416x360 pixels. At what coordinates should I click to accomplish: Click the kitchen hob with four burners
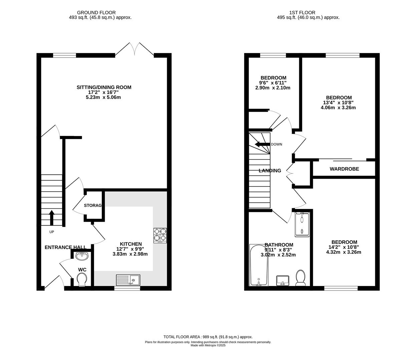pos(160,235)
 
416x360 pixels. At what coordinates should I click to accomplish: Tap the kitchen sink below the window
pos(128,280)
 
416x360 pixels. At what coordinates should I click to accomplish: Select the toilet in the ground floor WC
pos(81,279)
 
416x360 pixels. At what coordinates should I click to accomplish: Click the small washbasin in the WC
pos(82,256)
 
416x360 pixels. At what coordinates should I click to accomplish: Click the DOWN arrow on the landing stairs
pos(262,144)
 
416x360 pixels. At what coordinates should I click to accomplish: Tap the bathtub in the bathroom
pos(259,265)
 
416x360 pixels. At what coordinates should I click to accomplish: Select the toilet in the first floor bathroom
pos(301,278)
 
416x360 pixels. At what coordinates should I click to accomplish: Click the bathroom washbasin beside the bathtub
pos(283,280)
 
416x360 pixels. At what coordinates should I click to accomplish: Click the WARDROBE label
pos(344,169)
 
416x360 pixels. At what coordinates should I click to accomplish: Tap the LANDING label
pos(270,171)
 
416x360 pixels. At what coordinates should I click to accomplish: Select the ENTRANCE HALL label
pos(65,247)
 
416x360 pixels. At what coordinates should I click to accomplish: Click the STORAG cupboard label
pos(92,205)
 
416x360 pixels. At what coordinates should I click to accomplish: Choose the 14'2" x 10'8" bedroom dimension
pos(344,247)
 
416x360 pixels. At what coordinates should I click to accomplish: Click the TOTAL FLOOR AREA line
pos(208,337)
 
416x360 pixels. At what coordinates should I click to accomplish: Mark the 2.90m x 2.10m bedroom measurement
pos(273,88)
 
